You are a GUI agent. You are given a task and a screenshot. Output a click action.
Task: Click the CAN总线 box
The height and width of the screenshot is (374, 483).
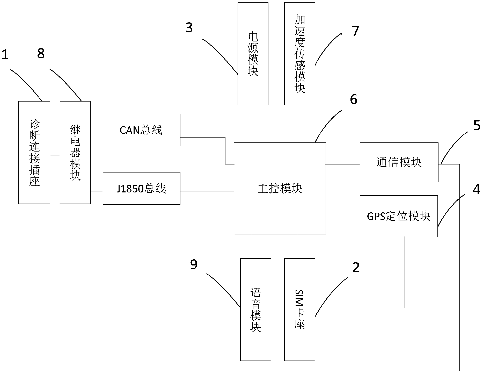[141, 130]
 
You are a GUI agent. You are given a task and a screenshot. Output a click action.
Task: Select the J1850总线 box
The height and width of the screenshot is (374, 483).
[142, 189]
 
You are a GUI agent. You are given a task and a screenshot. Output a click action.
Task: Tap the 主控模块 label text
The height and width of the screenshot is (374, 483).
[280, 189]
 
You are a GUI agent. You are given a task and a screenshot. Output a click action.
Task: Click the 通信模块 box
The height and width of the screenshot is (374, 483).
[399, 162]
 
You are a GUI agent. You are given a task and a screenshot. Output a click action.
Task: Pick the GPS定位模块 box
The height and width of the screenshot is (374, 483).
[399, 216]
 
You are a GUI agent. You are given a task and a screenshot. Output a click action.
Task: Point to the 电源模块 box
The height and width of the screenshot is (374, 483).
[253, 54]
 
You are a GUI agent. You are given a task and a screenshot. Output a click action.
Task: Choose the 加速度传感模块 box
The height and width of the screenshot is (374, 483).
[300, 54]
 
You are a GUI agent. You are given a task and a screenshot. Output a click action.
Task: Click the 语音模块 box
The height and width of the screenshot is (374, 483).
[255, 310]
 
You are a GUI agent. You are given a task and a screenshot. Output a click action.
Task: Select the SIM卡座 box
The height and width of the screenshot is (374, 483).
[300, 310]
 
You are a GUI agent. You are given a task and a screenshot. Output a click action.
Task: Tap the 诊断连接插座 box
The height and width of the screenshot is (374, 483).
[34, 153]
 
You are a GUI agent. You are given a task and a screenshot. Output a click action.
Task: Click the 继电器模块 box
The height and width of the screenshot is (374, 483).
[75, 153]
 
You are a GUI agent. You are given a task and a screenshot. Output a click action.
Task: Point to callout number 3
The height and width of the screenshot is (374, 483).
[189, 28]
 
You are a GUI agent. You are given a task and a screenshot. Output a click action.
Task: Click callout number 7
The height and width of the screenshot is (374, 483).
[355, 31]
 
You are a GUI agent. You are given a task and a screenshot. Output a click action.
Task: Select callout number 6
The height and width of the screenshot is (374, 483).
[354, 99]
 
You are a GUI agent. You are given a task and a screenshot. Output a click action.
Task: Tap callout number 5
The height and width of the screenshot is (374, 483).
[477, 126]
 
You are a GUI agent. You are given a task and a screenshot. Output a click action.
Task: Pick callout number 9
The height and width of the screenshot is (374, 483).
[194, 265]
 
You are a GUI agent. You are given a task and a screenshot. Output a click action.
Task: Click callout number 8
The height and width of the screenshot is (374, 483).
[41, 54]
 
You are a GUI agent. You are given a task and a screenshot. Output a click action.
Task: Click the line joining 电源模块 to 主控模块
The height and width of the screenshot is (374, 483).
[252, 124]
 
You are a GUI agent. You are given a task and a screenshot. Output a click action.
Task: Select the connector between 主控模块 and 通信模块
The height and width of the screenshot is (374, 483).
[343, 164]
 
